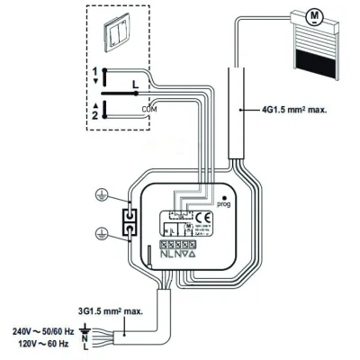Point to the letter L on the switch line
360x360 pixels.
[x=134, y=84]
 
